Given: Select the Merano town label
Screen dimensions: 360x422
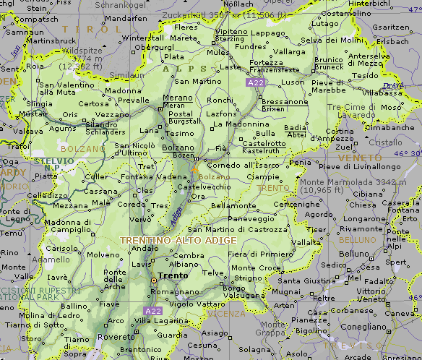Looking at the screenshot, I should [x=178, y=98].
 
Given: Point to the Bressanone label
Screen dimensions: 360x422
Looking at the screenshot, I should [x=284, y=102].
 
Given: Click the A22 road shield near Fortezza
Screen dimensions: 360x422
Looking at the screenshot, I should [x=254, y=84].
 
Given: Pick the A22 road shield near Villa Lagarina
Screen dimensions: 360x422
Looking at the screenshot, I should [x=152, y=311].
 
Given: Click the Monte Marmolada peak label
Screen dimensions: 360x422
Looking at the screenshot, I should [x=343, y=181].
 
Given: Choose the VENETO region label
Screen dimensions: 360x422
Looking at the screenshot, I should [x=358, y=157].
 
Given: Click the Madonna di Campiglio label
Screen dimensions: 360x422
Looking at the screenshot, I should [x=72, y=226].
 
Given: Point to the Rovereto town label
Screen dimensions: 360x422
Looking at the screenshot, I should [x=116, y=336].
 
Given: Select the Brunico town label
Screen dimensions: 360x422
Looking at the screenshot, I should [x=328, y=60].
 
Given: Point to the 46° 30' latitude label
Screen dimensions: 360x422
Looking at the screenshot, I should [x=407, y=154].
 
